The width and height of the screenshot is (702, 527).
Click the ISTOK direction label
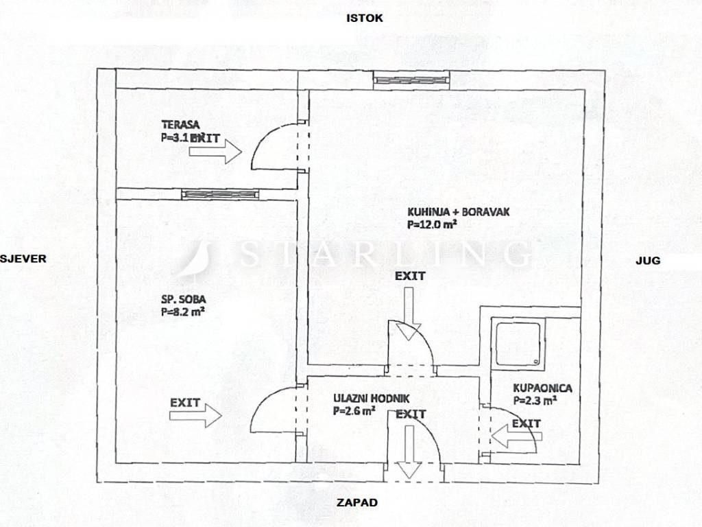365,19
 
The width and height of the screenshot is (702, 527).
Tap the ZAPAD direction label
356,502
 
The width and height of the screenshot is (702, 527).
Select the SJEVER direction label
23,259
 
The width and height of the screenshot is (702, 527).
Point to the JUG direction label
647,261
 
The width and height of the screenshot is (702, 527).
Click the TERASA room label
180,125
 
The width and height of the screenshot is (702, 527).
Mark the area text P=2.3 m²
535,399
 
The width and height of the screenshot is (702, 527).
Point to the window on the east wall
411,80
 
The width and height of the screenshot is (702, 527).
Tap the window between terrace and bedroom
220,195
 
